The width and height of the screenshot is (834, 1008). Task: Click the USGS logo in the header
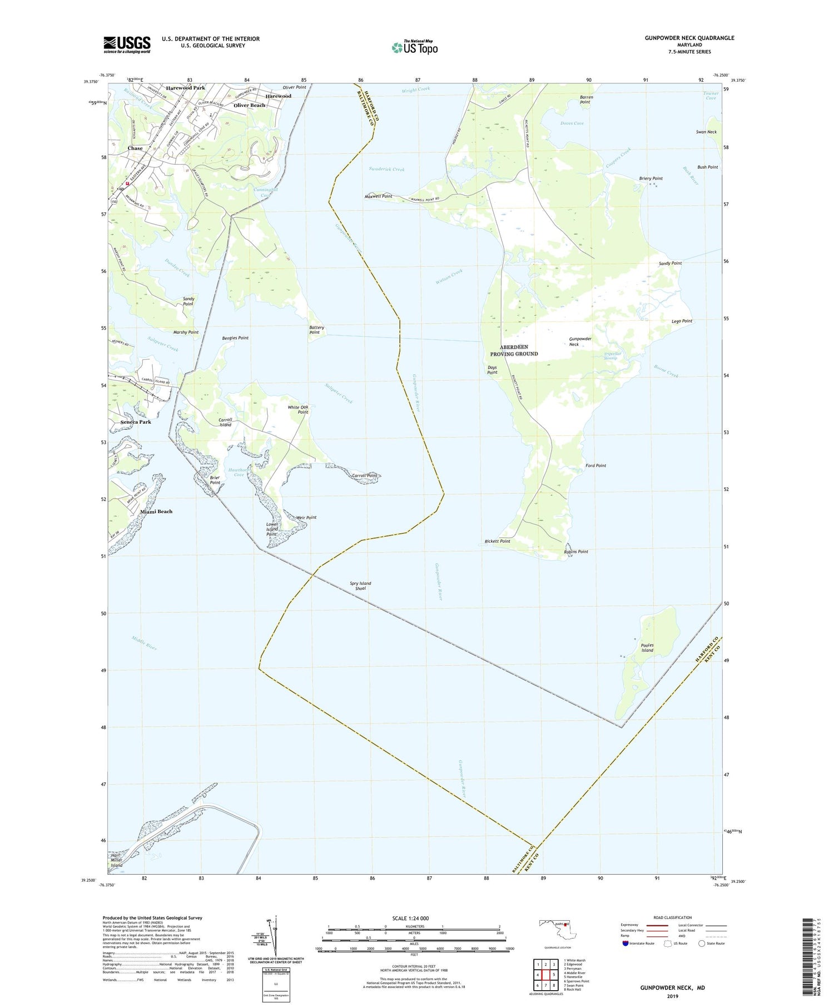pos(127,44)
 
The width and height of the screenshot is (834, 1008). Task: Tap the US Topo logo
pos(415,47)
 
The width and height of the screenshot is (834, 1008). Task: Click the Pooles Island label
pos(647,648)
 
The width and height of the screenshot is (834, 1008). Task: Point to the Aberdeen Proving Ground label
pos(514,350)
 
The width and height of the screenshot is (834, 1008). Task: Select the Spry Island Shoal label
pos(360,585)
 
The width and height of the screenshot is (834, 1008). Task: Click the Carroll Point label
pos(365,475)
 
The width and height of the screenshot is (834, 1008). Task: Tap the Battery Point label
pos(316,330)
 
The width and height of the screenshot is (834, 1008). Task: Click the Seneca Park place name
pos(136,422)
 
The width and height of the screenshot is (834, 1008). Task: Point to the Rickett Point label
pos(497,541)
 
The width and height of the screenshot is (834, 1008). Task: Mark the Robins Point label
pos(576,552)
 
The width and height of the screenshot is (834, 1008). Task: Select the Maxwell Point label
pos(379,196)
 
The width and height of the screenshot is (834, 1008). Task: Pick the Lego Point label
pos(682,321)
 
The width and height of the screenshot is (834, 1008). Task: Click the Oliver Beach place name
pos(249,105)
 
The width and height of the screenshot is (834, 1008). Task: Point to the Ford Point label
pos(596,465)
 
